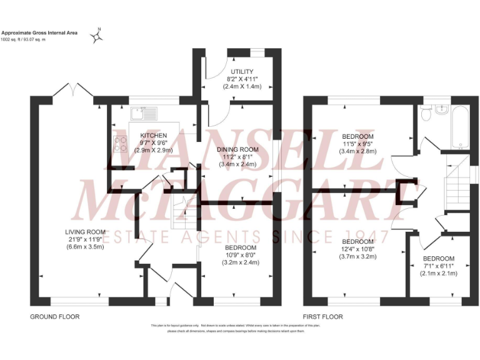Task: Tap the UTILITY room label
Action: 241,72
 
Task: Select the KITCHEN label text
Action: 153,135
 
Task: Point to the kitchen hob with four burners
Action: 119,145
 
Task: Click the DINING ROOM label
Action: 237,149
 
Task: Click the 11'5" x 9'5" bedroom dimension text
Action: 357,144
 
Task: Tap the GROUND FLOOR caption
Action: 55,317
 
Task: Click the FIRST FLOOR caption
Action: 323,317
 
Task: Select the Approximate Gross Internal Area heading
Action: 39,32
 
